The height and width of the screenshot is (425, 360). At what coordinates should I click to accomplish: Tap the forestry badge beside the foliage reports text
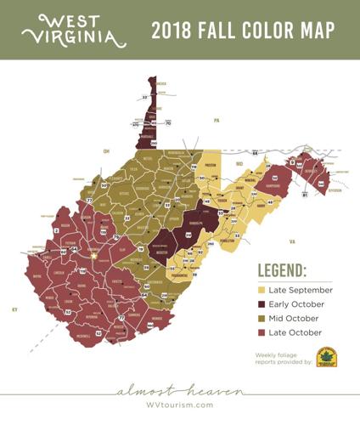pyautogui.click(x=327, y=357)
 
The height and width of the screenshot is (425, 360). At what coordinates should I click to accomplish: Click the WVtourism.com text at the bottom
pyautogui.click(x=180, y=405)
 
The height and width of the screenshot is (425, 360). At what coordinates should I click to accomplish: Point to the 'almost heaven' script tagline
pyautogui.click(x=180, y=391)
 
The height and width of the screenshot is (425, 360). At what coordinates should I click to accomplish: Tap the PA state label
pyautogui.click(x=217, y=121)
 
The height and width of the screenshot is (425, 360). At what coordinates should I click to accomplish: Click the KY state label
pyautogui.click(x=14, y=309)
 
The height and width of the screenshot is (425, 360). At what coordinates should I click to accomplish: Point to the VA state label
pyautogui.click(x=292, y=241)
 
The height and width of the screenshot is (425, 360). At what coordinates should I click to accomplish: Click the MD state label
pyautogui.click(x=239, y=162)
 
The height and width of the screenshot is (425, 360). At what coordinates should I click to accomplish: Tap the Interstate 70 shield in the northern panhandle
pyautogui.click(x=168, y=124)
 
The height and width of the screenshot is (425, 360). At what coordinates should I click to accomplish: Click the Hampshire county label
pyautogui.click(x=273, y=185)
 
